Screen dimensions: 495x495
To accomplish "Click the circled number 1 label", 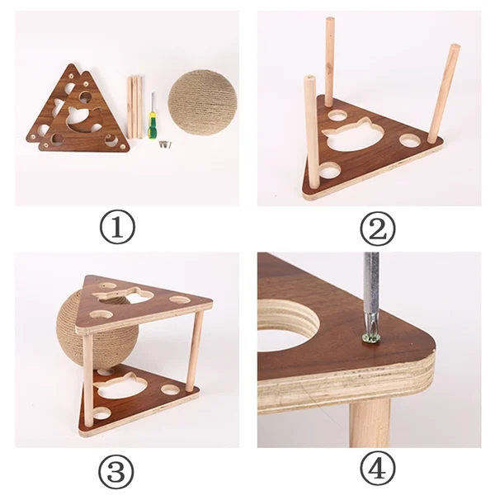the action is click(x=117, y=227).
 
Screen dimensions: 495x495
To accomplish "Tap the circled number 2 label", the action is click(x=378, y=229).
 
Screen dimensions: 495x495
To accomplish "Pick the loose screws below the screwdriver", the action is click(x=166, y=144).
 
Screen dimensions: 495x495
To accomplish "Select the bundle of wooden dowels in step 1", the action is click(x=134, y=107).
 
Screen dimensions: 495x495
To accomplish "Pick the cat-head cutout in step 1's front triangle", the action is click(x=83, y=119).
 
